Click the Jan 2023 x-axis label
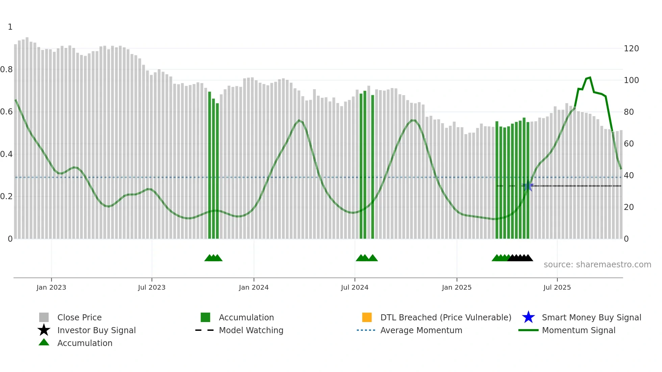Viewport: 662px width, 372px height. [51, 288]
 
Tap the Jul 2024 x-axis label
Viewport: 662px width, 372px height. [355, 288]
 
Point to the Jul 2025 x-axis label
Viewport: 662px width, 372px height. [557, 288]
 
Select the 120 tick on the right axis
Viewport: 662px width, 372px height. [631, 49]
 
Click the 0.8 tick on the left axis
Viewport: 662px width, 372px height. [6, 70]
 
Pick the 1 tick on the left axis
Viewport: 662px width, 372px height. [10, 27]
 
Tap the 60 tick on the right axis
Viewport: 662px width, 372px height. [629, 144]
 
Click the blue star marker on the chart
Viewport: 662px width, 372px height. [528, 186]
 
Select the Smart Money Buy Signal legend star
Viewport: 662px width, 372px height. [528, 317]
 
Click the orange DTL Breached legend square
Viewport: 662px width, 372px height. [367, 317]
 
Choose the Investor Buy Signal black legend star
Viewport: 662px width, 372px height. [44, 330]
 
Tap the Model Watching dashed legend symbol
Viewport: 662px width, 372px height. [204, 330]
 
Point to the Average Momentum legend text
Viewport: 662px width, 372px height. [421, 330]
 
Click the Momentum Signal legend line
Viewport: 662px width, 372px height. [528, 330]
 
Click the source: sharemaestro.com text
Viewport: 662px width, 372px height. [597, 265]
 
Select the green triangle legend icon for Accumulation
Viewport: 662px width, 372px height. [44, 342]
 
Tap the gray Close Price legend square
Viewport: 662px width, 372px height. [44, 317]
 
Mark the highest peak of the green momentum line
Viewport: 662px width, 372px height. [590, 78]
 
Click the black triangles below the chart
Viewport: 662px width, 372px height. [520, 258]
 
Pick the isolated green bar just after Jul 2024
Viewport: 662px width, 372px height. [373, 167]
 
